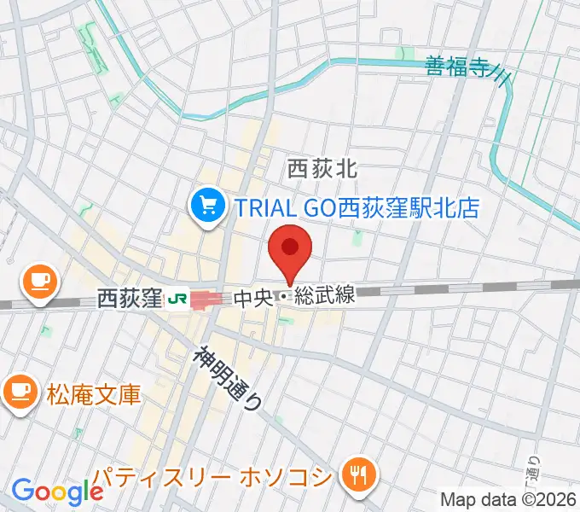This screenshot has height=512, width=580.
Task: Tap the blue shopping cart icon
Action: pyautogui.click(x=208, y=206)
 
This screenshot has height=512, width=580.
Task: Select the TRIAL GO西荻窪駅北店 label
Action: pyautogui.click(x=357, y=206)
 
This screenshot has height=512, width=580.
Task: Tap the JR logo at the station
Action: pyautogui.click(x=177, y=299)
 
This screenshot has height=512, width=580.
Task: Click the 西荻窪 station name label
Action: pyautogui.click(x=129, y=299)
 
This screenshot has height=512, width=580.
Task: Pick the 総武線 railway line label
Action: pyautogui.click(x=326, y=298)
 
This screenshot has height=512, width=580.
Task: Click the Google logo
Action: pyautogui.click(x=57, y=492)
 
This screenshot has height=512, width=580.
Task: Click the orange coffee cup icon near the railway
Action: pyautogui.click(x=38, y=280)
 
